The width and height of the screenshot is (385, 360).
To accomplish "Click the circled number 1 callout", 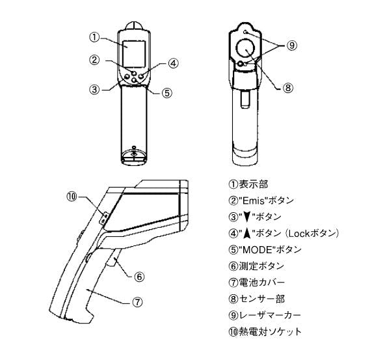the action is pos(94,38).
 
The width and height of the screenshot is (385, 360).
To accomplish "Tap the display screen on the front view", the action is pos(134,54).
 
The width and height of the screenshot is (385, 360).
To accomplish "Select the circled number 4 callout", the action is pos(174,63).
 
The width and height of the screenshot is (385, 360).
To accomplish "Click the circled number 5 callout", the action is pos(167,93).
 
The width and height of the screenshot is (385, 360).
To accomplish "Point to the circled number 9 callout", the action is pos(291,45).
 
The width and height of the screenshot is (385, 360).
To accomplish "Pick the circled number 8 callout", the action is pos(288,88).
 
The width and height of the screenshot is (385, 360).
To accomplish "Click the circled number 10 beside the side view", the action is pos(72,197).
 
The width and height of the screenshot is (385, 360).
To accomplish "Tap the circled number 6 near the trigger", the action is pos(139,277).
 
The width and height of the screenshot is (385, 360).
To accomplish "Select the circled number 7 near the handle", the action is pos(137,302).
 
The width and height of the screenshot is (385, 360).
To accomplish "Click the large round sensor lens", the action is pos(245,48).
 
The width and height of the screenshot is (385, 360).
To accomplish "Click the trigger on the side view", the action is pos(113,258).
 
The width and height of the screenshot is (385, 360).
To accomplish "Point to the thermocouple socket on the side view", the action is pos(104,218).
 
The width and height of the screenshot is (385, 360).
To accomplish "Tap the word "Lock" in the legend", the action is pos(299,234).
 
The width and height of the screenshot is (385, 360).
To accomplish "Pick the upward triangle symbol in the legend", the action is pos(248,234).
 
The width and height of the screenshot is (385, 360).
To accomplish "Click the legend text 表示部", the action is pos(254,184).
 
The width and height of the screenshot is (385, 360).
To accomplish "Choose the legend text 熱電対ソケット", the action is pos(270,332).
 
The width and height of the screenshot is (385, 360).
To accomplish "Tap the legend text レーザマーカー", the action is pos(270,315).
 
